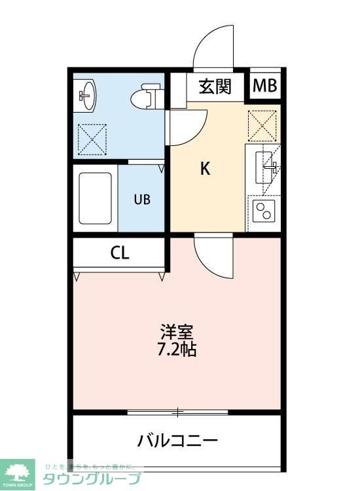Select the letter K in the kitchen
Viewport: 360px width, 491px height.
click(205, 169)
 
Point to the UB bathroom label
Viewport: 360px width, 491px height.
click(142, 200)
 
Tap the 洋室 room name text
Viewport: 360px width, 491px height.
click(177, 331)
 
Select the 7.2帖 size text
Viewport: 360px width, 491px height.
click(177, 349)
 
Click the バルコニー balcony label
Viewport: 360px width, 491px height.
click(177, 440)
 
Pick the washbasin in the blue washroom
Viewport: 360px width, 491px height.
click(86, 96)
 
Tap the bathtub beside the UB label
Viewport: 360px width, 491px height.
click(96, 198)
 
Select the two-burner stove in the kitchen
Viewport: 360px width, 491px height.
click(264, 211)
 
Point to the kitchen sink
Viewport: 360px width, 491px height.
click(266, 165)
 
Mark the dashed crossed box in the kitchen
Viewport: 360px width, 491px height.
click(262, 125)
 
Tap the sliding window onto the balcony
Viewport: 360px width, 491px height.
click(177, 412)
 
